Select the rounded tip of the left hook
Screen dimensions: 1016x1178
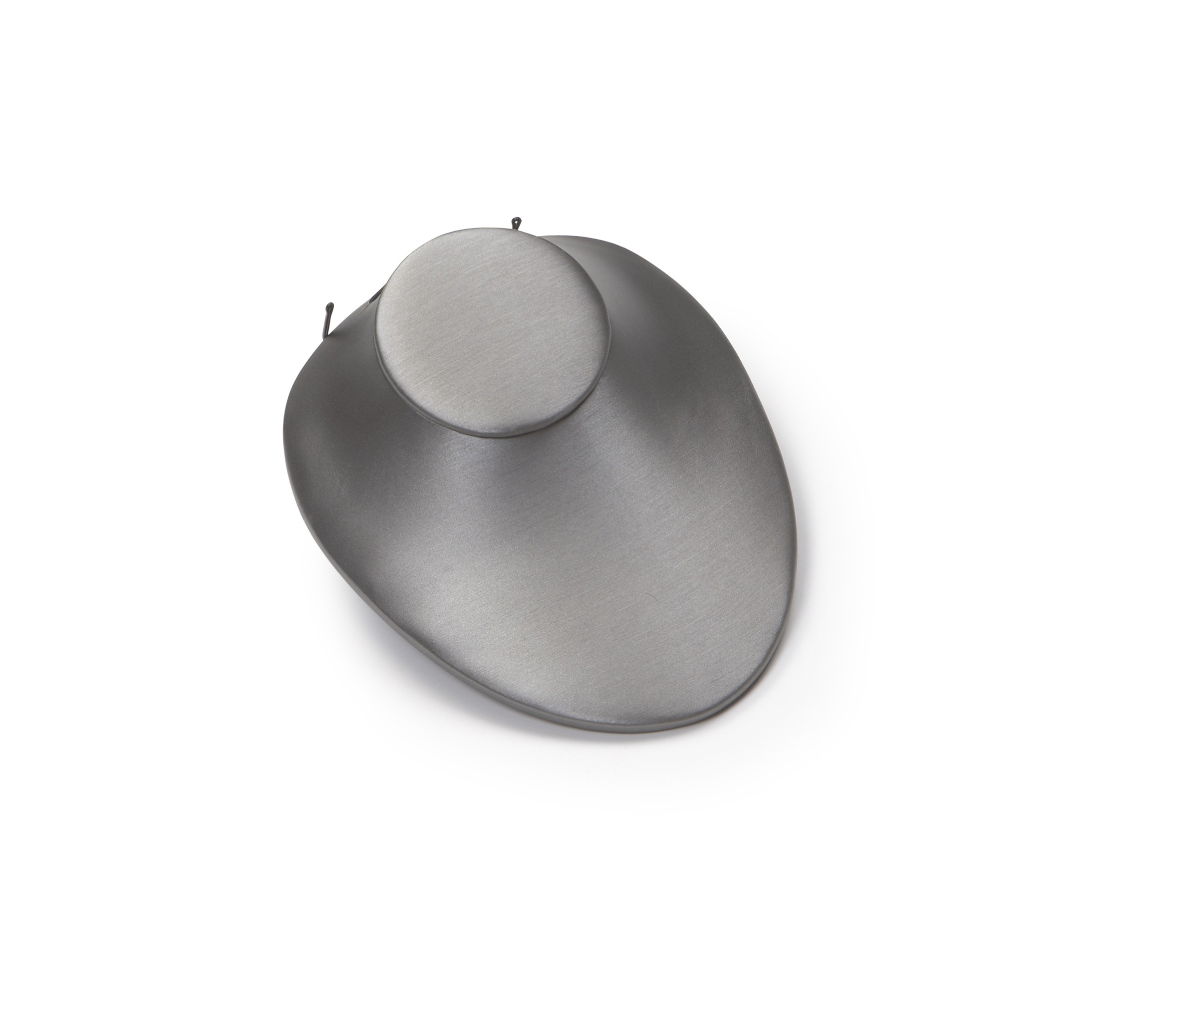329,308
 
